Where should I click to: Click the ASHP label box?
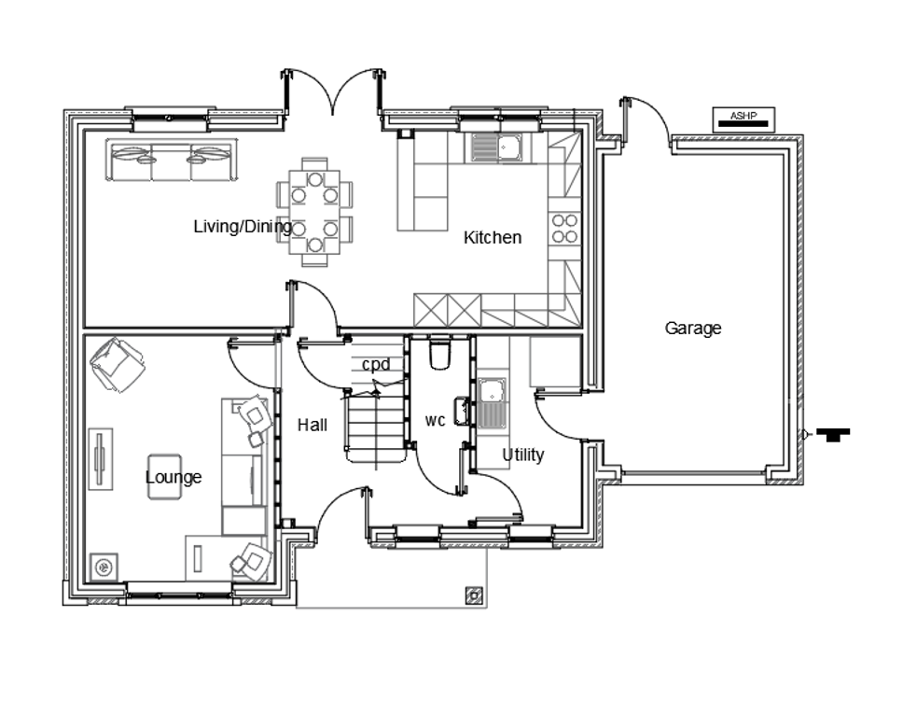click(x=743, y=119)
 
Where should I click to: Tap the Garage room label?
click(x=693, y=329)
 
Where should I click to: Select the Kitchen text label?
click(x=493, y=237)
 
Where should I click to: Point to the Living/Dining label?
click(x=243, y=227)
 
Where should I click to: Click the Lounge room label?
click(x=174, y=477)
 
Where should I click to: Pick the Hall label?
click(x=313, y=426)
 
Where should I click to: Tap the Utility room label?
click(x=523, y=455)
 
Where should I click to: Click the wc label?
click(x=436, y=421)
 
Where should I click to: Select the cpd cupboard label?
click(x=376, y=365)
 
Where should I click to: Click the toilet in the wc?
click(x=440, y=352)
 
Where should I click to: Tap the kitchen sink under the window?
click(x=496, y=147)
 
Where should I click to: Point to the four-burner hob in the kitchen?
click(x=565, y=229)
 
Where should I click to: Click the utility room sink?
click(x=492, y=403)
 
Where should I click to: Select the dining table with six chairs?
click(x=314, y=212)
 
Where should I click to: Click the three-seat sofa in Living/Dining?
click(x=172, y=160)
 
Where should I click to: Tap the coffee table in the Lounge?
click(x=165, y=477)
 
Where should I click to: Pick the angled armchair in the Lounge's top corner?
click(x=118, y=365)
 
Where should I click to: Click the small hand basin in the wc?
click(x=461, y=411)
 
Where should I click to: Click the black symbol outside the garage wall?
click(x=833, y=435)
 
